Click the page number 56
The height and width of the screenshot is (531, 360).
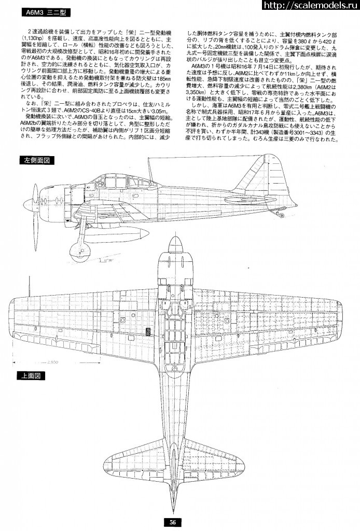(x=174, y=522)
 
